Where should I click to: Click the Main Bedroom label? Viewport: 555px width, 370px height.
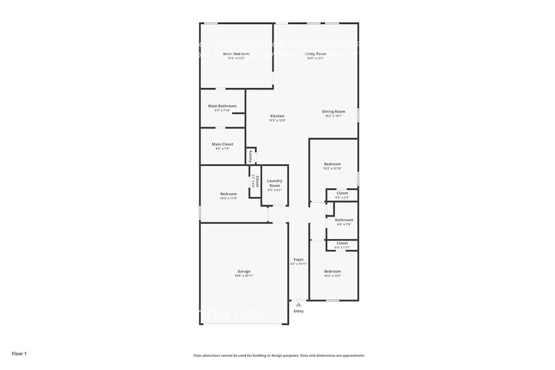click(237, 54)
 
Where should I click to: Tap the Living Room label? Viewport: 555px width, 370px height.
click(315, 54)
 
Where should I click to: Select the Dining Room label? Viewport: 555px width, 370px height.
click(334, 111)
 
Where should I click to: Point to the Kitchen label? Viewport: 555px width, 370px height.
click(277, 116)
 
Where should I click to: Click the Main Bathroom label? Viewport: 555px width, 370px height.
click(222, 106)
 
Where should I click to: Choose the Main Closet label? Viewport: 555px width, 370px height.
click(222, 144)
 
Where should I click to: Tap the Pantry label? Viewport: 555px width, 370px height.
click(250, 156)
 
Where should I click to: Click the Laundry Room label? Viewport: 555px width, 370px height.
click(274, 183)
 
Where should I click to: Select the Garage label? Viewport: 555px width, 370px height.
click(244, 271)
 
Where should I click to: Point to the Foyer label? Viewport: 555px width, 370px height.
click(298, 259)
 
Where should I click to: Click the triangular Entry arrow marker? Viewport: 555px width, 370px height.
click(298, 304)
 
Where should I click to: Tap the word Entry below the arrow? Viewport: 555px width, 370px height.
click(298, 311)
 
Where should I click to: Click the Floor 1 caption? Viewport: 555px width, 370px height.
click(20, 354)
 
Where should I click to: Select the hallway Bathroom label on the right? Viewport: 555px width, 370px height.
click(345, 220)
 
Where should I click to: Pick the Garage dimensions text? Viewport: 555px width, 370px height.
click(244, 276)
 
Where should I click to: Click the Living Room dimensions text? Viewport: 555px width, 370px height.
click(315, 59)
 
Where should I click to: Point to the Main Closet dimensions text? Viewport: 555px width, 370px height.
click(222, 149)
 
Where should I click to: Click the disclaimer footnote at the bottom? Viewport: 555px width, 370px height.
click(279, 356)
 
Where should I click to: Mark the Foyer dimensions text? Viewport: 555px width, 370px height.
click(298, 264)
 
